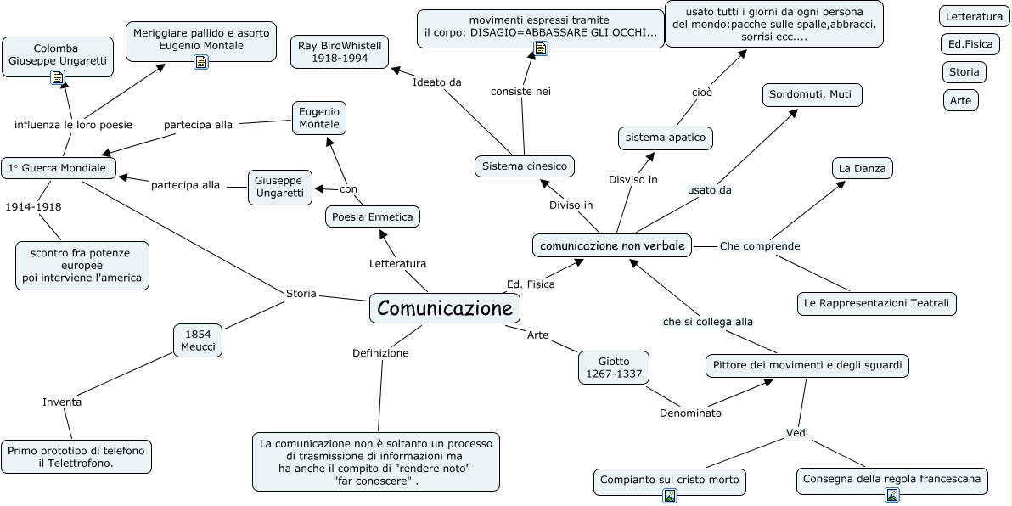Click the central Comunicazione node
[x=445, y=308]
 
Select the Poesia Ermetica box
[x=373, y=217]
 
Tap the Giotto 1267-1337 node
[x=614, y=368]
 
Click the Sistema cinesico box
[x=524, y=166]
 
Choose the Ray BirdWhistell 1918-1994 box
[x=340, y=53]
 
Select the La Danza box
[x=862, y=168]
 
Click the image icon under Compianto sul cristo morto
[x=670, y=496]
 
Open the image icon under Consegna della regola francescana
[x=891, y=495]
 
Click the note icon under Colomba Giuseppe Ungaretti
[x=58, y=77]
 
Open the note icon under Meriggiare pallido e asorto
[x=201, y=61]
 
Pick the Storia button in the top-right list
[x=964, y=72]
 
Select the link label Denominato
[x=690, y=413]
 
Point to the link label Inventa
[x=62, y=402]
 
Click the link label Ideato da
[x=436, y=82]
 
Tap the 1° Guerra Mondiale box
[x=58, y=168]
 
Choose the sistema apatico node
[x=665, y=137]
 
